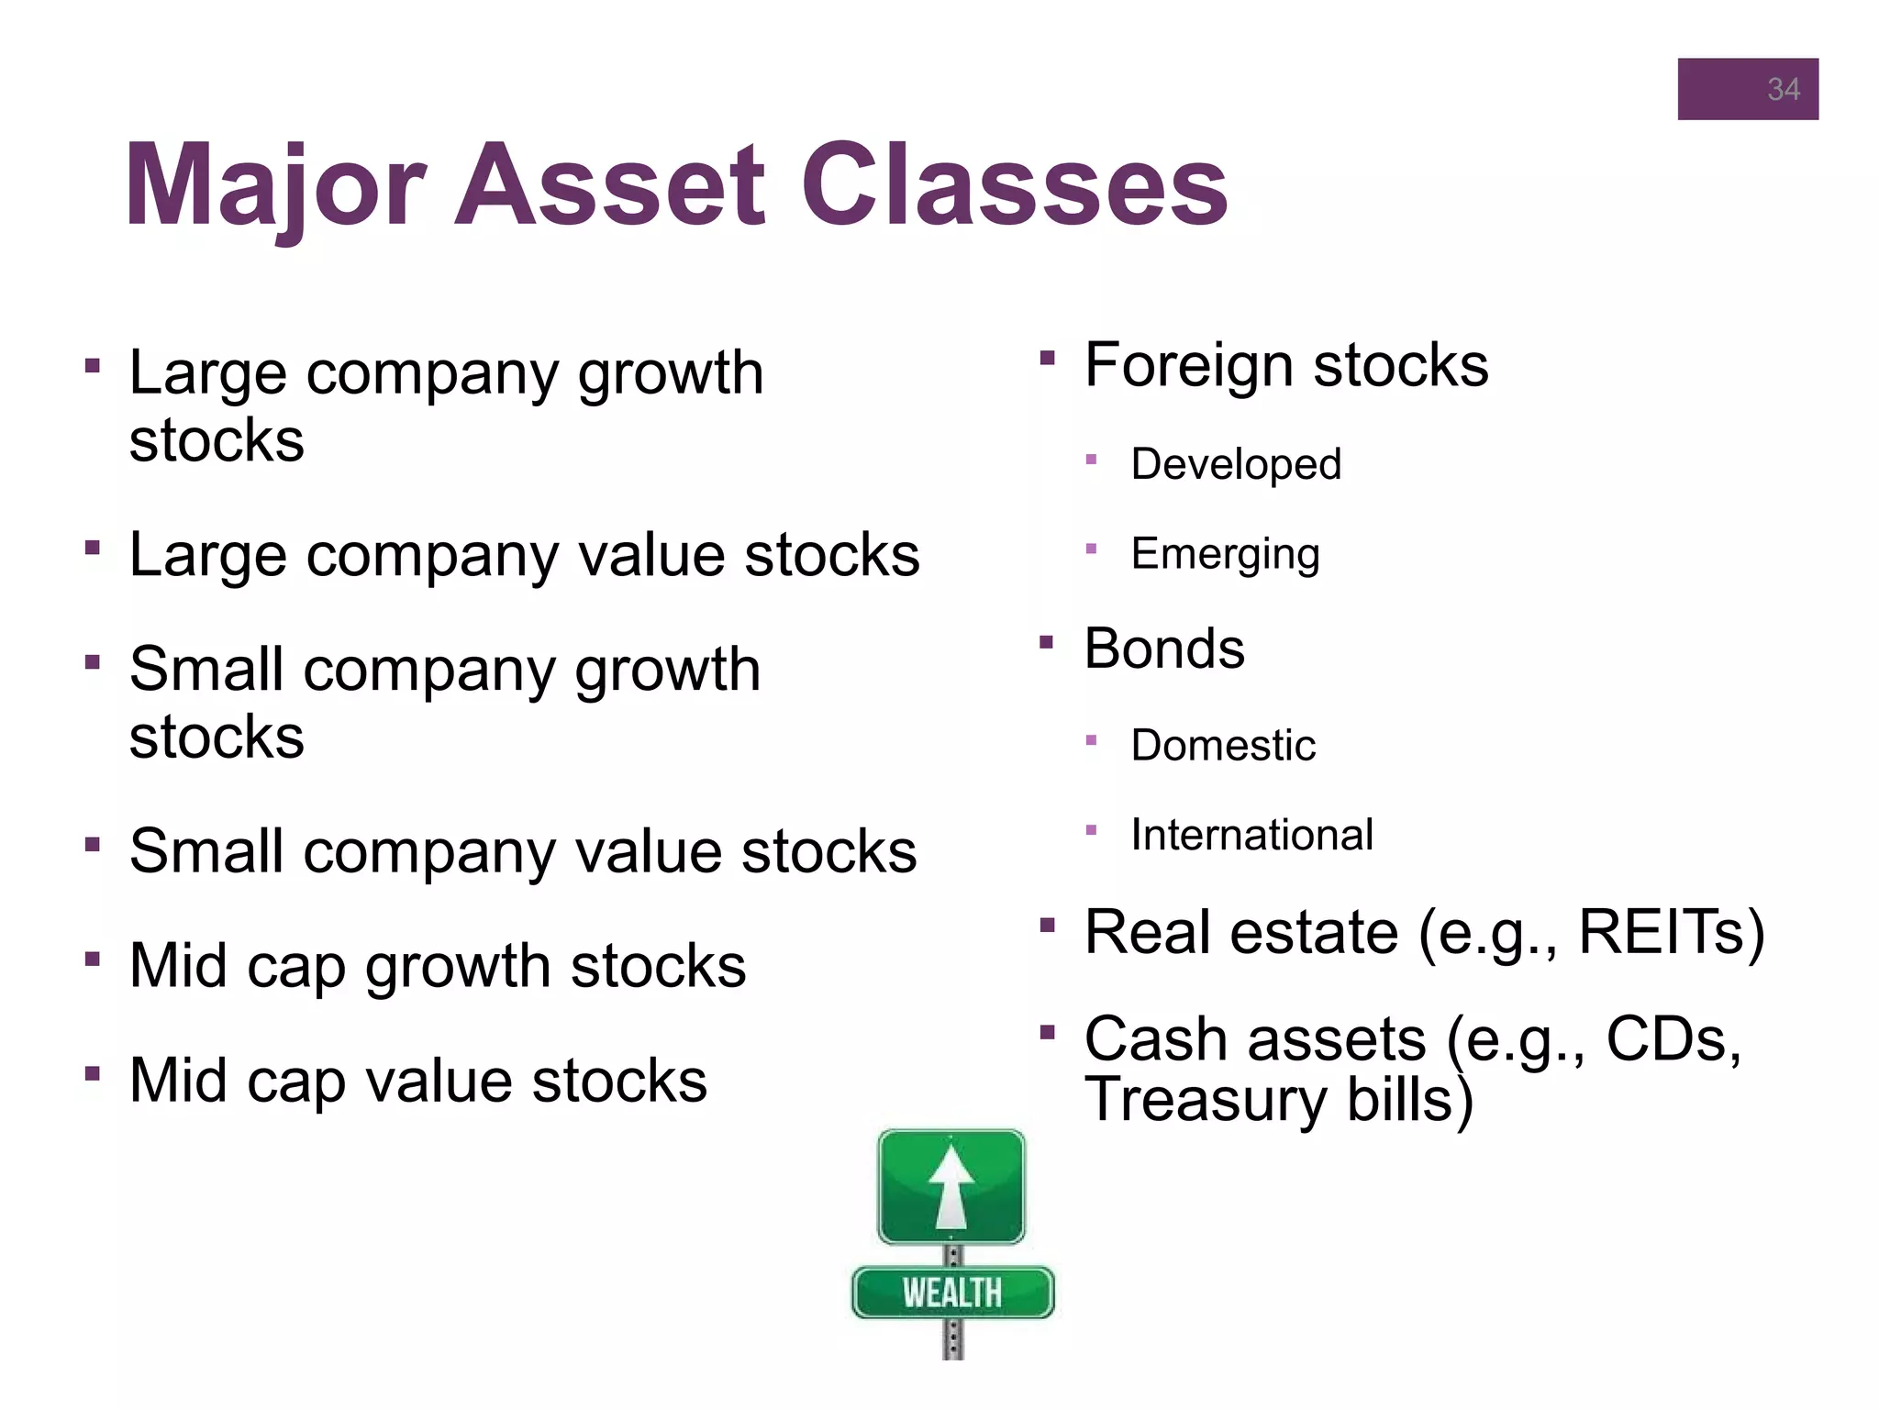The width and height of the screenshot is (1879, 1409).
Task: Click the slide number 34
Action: [1783, 90]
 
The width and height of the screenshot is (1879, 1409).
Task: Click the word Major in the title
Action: [275, 185]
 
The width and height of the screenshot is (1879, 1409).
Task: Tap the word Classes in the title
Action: [1014, 185]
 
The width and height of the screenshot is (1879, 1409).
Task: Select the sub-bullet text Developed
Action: [1235, 464]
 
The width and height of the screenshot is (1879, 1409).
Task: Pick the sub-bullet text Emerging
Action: [1225, 554]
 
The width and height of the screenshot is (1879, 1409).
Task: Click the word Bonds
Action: [1163, 649]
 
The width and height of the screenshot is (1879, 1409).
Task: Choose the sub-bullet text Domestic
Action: [1222, 745]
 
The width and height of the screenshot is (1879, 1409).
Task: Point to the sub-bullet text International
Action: [1251, 835]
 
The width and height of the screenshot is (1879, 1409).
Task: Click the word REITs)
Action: [1670, 933]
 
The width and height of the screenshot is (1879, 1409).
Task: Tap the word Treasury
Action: [1205, 1100]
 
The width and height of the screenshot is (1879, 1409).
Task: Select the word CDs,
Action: [1673, 1039]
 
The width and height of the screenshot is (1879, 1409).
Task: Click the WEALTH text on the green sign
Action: [951, 1293]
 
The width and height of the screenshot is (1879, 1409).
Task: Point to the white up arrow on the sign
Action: [951, 1187]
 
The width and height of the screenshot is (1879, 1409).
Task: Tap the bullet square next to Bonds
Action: [1047, 642]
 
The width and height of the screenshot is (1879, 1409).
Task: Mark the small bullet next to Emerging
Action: [1091, 549]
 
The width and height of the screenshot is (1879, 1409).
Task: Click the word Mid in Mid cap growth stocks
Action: [178, 966]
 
